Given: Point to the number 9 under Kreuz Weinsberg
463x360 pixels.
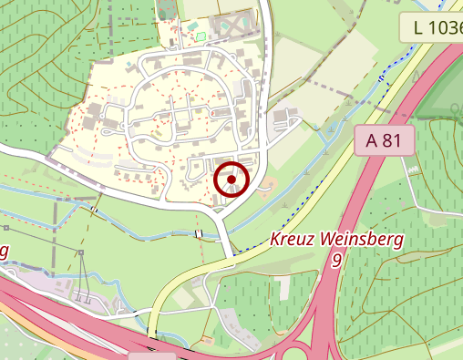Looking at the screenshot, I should pyautogui.click(x=337, y=261).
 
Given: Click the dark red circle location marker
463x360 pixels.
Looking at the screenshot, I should pyautogui.click(x=231, y=180).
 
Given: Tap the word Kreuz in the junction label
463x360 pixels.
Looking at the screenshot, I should pyautogui.click(x=290, y=242).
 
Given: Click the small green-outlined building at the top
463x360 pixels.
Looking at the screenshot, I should pyautogui.click(x=201, y=36).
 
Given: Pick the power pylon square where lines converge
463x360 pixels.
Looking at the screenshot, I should pyautogui.click(x=80, y=252).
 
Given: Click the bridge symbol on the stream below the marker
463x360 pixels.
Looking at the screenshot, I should pyautogui.click(x=198, y=234).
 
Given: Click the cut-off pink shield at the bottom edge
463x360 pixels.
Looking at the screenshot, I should pyautogui.click(x=151, y=355).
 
